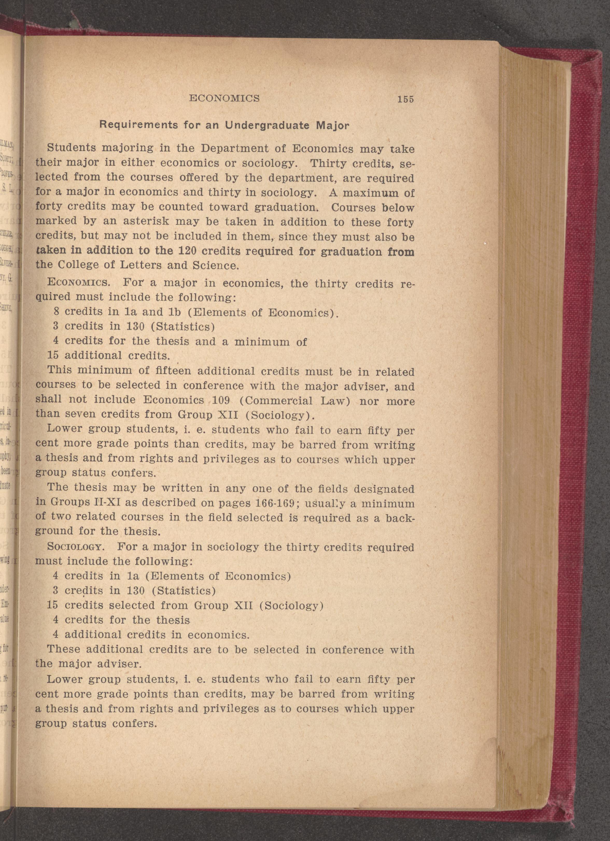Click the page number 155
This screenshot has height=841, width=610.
point(405,99)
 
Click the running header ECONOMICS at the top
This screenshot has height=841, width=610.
point(224,98)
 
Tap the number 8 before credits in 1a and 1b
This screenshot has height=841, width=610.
point(57,312)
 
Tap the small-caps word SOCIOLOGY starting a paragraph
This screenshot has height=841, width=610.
point(75,547)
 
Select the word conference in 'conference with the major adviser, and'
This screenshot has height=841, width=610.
point(213,386)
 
